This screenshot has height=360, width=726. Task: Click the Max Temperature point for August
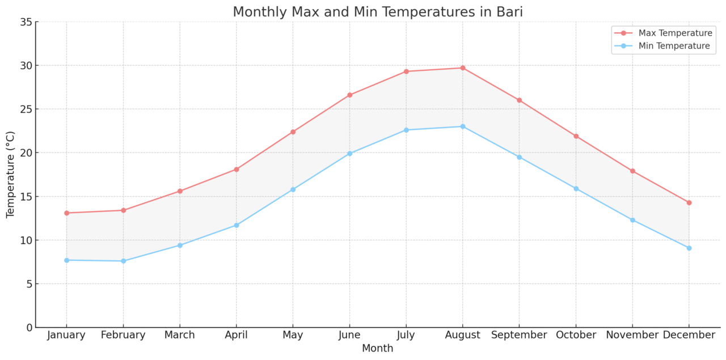point(462,68)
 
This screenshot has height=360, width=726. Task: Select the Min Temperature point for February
point(123,261)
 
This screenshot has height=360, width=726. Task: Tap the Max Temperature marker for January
point(66,213)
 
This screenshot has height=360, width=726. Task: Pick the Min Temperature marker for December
point(689,248)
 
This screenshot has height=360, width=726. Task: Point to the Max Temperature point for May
point(293,132)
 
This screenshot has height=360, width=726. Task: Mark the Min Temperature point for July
point(406,130)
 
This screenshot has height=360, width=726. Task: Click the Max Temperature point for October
point(576,136)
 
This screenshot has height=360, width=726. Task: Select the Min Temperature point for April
point(237,225)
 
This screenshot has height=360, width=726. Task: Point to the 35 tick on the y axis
point(25,22)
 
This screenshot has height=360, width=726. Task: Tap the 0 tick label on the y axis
point(28,328)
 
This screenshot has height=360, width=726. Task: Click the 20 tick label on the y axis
point(25,153)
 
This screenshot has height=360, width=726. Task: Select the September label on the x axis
point(519,335)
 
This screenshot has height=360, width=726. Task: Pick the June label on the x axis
point(349,335)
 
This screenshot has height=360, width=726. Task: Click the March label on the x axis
point(180,335)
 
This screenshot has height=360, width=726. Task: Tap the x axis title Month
point(377,348)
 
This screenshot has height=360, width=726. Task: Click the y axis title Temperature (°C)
point(11,175)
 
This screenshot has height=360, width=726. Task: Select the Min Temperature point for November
point(632,220)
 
